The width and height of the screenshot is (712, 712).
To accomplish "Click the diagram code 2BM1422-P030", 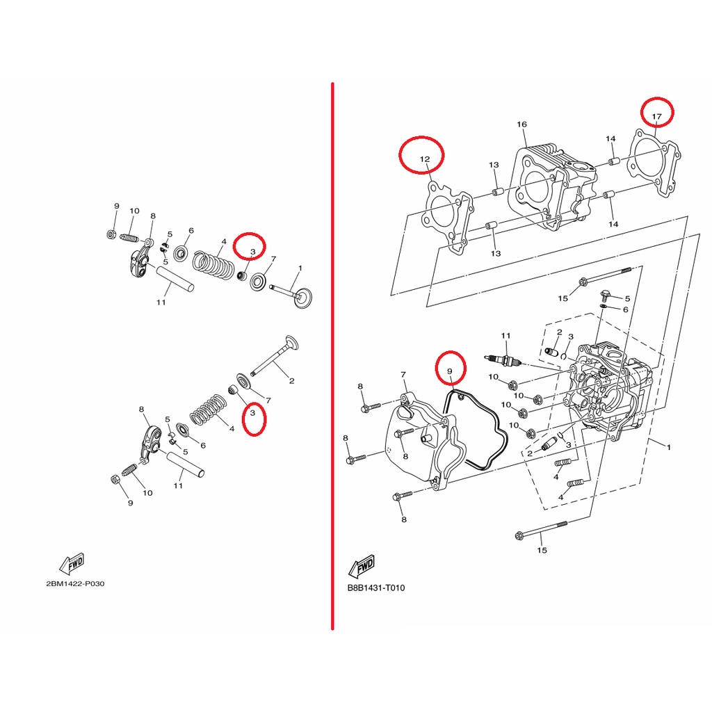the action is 75,583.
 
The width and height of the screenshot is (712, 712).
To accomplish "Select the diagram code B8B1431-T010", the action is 376,588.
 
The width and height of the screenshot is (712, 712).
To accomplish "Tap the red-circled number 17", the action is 656,117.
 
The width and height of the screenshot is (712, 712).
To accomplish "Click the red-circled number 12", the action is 425,159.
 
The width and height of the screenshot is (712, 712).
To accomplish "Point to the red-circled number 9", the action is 450,371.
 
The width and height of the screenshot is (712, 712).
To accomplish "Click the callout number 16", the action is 521,124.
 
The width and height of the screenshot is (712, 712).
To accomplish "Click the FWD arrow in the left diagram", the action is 72,563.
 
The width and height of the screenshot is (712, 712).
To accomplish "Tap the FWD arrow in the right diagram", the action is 362,566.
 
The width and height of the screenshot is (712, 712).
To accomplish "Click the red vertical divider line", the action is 333,357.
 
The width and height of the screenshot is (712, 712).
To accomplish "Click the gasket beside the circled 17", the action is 654,163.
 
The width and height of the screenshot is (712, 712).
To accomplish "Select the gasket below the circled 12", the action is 448,217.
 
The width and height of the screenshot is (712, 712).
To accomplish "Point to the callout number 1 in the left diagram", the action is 300,268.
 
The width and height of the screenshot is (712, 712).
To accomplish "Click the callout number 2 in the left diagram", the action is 291,380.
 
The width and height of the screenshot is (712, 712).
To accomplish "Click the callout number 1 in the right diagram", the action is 668,447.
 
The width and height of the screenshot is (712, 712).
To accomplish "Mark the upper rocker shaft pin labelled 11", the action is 176,279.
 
